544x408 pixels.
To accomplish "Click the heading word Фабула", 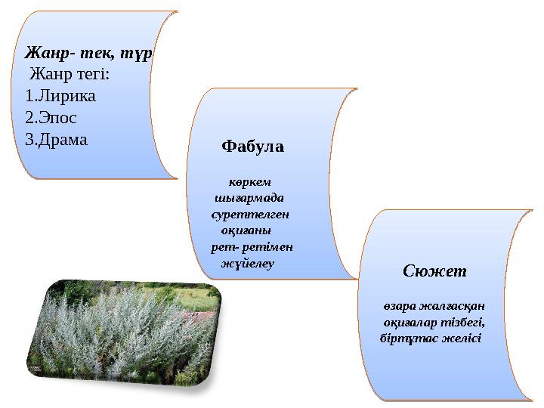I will pyautogui.click(x=252, y=147).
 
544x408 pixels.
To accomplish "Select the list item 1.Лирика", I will pyautogui.click(x=60, y=97).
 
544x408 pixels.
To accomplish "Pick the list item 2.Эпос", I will pyautogui.click(x=51, y=118).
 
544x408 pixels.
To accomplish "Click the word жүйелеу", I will pyautogui.click(x=246, y=264).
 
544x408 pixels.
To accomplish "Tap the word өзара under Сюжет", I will pyautogui.click(x=397, y=305).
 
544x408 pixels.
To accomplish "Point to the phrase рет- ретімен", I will pyautogui.click(x=252, y=247).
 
